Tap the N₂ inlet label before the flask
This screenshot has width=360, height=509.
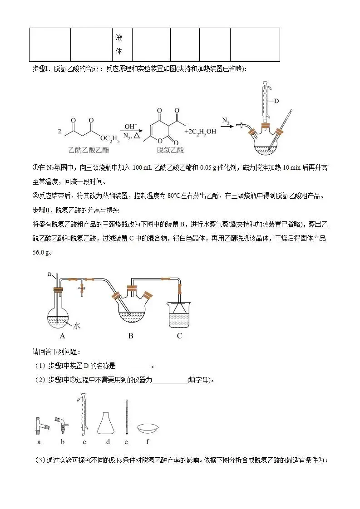coord(226,121)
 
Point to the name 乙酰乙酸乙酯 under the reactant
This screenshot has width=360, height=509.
coord(89,150)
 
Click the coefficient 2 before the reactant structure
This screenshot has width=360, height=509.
coord(60,131)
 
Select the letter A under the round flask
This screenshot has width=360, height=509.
coord(62,336)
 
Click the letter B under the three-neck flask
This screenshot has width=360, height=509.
coord(131,336)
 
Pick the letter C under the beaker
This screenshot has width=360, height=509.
coord(179,336)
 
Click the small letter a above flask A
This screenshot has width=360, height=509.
coord(49,274)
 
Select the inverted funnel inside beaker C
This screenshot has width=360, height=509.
coord(180,307)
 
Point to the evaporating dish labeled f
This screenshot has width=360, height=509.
coord(148,427)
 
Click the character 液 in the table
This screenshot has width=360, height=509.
coord(119,37)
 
